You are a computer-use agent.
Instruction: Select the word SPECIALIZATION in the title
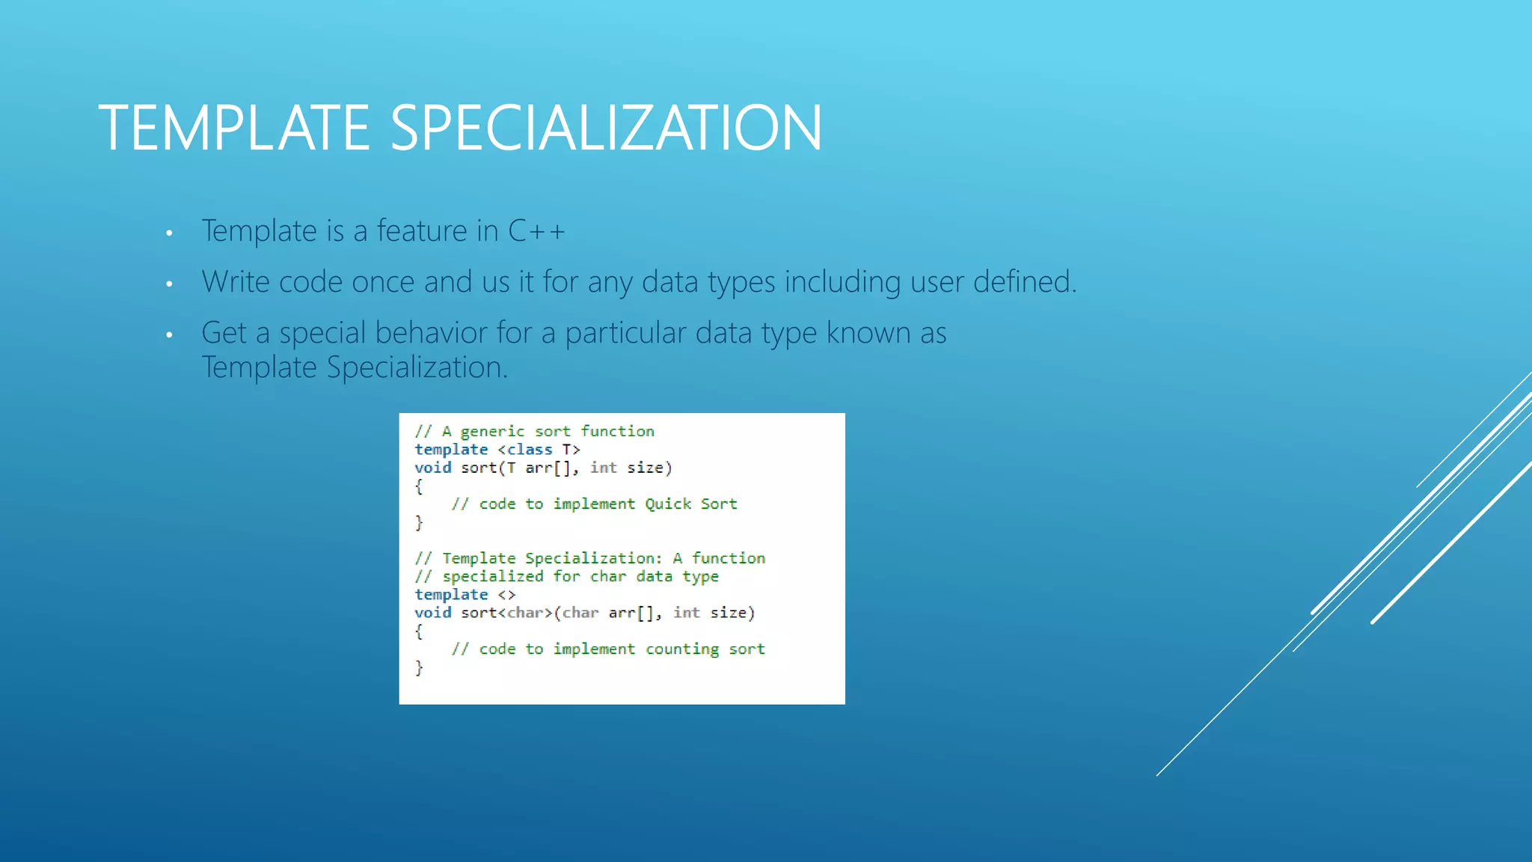coord(606,128)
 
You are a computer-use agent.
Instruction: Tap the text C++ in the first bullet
coord(536,231)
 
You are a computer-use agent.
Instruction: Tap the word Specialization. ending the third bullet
coord(417,367)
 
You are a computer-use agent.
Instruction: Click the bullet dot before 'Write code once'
coord(170,284)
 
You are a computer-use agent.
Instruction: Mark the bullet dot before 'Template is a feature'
coord(170,233)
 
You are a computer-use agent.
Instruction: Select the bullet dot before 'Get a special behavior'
coord(170,335)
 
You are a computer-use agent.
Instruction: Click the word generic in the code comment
coord(492,432)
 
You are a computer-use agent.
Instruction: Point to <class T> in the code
coord(539,450)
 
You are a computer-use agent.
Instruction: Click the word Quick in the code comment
coord(668,504)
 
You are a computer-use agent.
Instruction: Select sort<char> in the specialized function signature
coord(506,613)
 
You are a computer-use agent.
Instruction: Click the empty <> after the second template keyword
coord(506,595)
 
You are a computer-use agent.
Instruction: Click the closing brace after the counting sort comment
coord(419,667)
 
